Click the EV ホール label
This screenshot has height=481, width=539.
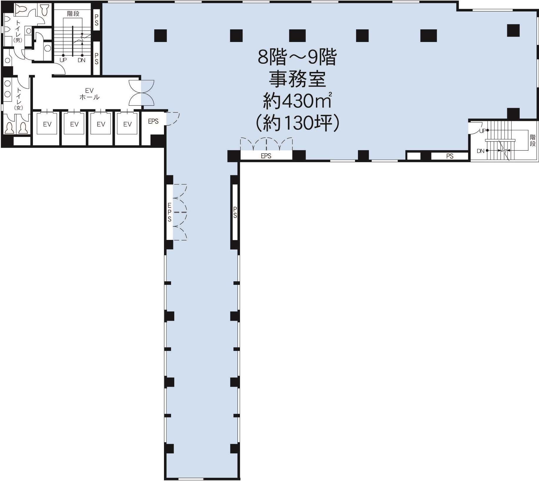pyautogui.click(x=89, y=94)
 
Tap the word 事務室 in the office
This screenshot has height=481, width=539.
pyautogui.click(x=297, y=80)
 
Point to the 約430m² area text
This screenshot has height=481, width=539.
pyautogui.click(x=297, y=100)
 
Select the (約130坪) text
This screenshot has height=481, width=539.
pyautogui.click(x=298, y=123)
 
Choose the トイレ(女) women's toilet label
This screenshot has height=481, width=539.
pyautogui.click(x=19, y=99)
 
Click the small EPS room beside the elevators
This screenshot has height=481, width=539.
pyautogui.click(x=153, y=121)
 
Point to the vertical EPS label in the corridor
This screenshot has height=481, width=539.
pyautogui.click(x=169, y=212)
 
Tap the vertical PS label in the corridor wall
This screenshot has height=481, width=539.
pyautogui.click(x=235, y=212)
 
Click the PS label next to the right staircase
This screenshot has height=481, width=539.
pyautogui.click(x=450, y=156)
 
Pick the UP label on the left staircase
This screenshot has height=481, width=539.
pyautogui.click(x=63, y=60)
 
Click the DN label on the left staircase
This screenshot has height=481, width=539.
pyautogui.click(x=81, y=60)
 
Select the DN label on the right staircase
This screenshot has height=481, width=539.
pyautogui.click(x=481, y=151)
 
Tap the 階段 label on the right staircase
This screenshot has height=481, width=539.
pyautogui.click(x=533, y=140)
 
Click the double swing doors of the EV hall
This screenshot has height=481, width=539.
pyautogui.click(x=141, y=93)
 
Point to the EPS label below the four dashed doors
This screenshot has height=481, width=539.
pyautogui.click(x=266, y=156)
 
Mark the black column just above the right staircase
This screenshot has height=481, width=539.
pyautogui.click(x=513, y=113)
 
